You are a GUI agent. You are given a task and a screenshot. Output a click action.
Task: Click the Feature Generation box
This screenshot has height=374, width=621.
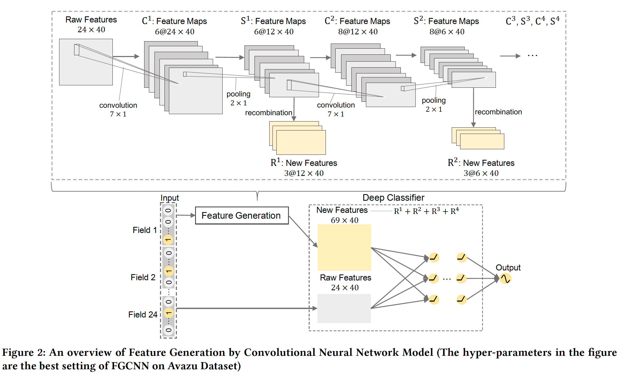(242, 216)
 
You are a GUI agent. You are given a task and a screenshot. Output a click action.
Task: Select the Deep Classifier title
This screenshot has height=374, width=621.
(393, 198)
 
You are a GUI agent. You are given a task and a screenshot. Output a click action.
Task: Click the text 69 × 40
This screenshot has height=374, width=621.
(345, 220)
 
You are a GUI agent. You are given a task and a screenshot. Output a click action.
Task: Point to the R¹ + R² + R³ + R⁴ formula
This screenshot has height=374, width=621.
(426, 211)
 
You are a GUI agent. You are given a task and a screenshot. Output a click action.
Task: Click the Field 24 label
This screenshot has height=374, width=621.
(143, 315)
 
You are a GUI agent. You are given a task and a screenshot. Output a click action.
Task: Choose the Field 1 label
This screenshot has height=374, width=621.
(145, 230)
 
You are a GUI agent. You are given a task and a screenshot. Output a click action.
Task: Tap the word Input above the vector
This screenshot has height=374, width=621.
(170, 198)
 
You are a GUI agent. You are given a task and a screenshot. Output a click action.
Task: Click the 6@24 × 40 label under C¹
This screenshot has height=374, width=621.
(175, 32)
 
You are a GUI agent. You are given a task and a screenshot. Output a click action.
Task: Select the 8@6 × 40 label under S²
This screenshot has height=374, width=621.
(447, 32)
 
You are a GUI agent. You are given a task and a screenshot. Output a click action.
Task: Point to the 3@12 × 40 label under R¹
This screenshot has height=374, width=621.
(304, 173)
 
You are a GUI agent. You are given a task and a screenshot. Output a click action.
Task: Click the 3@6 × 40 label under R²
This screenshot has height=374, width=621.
(481, 173)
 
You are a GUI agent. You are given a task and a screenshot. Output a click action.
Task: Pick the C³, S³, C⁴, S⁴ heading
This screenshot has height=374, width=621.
(533, 21)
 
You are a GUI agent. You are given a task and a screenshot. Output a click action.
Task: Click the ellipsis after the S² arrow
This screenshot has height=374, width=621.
(532, 56)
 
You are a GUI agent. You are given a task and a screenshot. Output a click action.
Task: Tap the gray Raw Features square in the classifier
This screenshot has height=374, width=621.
(344, 308)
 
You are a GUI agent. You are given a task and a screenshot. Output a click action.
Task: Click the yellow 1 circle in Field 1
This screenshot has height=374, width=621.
(168, 240)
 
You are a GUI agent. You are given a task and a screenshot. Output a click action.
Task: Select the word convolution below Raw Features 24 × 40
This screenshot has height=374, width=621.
(118, 105)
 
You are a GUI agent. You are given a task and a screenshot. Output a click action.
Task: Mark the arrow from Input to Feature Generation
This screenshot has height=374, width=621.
(186, 216)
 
